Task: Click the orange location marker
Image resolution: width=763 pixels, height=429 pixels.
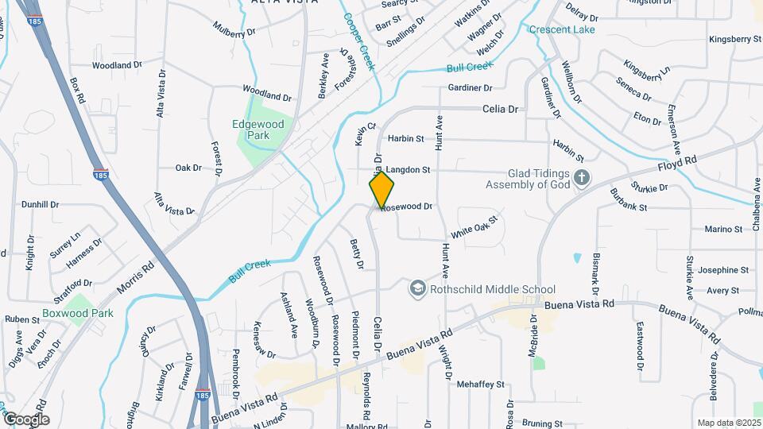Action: pyautogui.click(x=382, y=191)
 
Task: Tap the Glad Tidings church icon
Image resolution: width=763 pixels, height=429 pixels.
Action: pyautogui.click(x=582, y=177)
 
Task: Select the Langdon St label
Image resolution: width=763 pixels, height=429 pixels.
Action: pyautogui.click(x=408, y=170)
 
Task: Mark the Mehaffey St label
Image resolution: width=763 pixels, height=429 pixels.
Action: pyautogui.click(x=481, y=385)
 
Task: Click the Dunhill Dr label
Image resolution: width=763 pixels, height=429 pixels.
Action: pyautogui.click(x=40, y=204)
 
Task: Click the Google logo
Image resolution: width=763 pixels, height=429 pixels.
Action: pyautogui.click(x=26, y=419)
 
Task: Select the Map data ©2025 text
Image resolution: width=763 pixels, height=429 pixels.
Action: pyautogui.click(x=728, y=423)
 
